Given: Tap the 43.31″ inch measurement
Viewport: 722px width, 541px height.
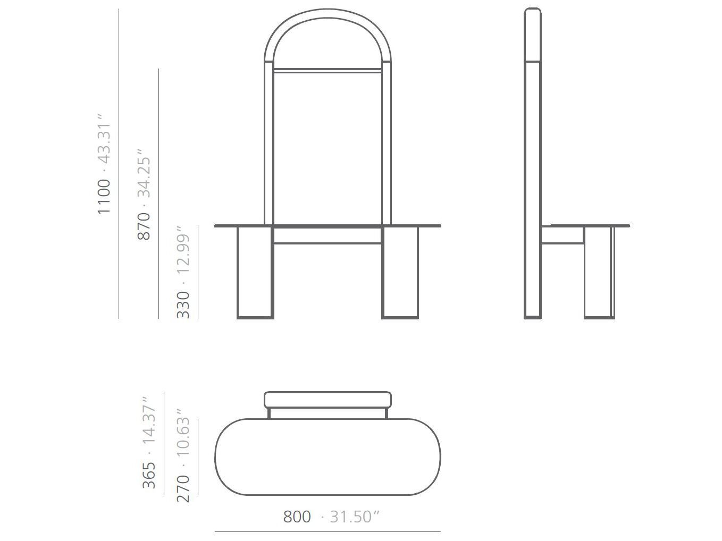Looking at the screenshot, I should point(104,137).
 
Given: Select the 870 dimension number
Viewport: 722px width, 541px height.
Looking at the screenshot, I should point(144,226).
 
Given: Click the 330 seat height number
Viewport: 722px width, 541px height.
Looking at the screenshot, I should point(183,305).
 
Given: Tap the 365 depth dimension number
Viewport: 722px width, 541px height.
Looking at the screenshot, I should point(149,475).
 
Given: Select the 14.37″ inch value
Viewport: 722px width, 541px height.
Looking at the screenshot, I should point(149,420).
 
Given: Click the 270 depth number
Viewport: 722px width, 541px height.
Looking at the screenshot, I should point(183,488).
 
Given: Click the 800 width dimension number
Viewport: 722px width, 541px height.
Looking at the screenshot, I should point(297,517).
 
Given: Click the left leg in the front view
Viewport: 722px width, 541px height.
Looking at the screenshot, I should point(255,272).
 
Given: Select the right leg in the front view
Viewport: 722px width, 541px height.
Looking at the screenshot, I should point(400,272).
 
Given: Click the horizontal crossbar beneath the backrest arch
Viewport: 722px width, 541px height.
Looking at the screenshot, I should point(328,70).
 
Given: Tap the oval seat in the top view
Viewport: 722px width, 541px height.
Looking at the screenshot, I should point(328,457).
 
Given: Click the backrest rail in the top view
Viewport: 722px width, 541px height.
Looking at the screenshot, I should point(328,400).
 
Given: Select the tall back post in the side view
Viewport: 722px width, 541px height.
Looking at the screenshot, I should point(533,159).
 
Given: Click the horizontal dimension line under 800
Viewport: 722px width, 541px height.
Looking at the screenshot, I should point(328,531).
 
